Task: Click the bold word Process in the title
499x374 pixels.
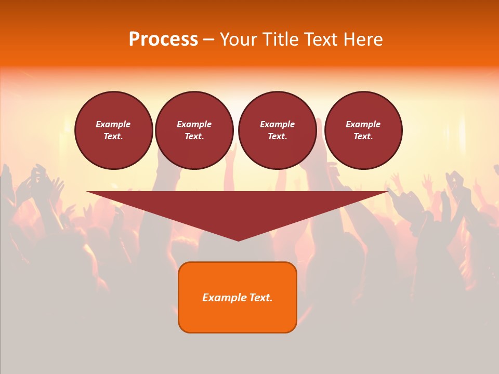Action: [163, 39]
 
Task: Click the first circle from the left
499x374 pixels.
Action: [113, 130]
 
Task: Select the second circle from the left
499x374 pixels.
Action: [194, 130]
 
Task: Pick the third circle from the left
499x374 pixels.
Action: [277, 130]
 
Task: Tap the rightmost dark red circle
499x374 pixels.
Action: [363, 130]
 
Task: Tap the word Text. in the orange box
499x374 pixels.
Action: [260, 298]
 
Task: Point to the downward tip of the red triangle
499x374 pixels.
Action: [238, 239]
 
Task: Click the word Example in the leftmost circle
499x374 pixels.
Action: [113, 124]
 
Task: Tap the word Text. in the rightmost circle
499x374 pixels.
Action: [363, 136]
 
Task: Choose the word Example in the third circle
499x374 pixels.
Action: [277, 124]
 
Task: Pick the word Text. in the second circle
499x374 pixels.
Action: [194, 136]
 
